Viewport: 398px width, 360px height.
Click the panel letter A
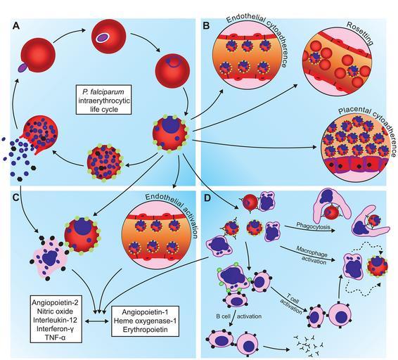16,26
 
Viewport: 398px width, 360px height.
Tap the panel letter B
206,26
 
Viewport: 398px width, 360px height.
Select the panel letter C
15,198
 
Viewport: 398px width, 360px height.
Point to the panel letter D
207,198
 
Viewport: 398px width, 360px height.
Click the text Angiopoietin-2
56,302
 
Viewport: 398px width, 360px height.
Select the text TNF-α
56,337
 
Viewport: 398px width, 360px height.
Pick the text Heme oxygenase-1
145,321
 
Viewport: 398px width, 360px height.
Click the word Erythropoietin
145,329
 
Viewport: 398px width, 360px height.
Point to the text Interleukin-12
55,320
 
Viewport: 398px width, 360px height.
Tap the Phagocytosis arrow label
313,226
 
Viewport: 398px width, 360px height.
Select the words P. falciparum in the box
104,91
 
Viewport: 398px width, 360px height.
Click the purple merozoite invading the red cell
23,67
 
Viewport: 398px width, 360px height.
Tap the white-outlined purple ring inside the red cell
102,37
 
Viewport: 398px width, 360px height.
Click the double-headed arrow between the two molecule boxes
96,321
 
